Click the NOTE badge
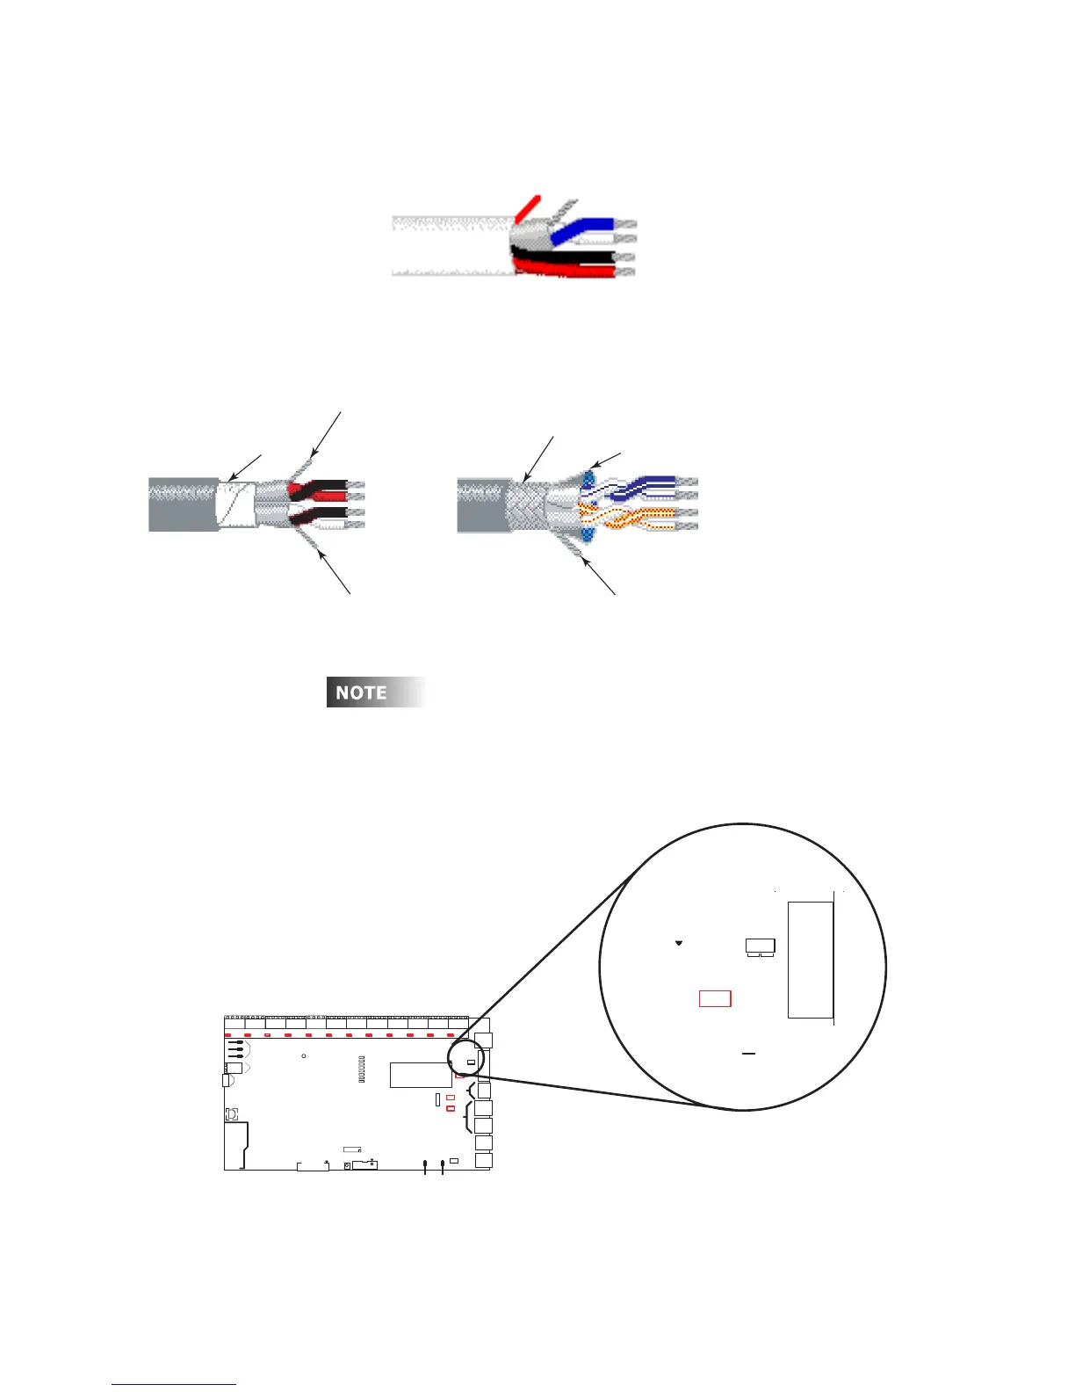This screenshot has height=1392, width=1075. (376, 692)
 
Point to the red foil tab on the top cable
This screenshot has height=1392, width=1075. (527, 207)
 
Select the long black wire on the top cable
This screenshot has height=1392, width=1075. (571, 257)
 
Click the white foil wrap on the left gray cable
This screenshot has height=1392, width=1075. (235, 504)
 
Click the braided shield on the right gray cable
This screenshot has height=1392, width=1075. (525, 505)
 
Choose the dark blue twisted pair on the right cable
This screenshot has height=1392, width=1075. (646, 486)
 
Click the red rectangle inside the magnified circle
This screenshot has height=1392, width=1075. (715, 998)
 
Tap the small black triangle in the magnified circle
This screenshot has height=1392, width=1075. (679, 943)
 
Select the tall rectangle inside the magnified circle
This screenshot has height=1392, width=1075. (810, 960)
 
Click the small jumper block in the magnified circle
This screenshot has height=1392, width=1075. (760, 947)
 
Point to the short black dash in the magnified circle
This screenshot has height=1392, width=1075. (749, 1052)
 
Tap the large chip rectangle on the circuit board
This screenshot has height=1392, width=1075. (421, 1075)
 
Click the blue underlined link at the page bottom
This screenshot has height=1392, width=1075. (174, 1384)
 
